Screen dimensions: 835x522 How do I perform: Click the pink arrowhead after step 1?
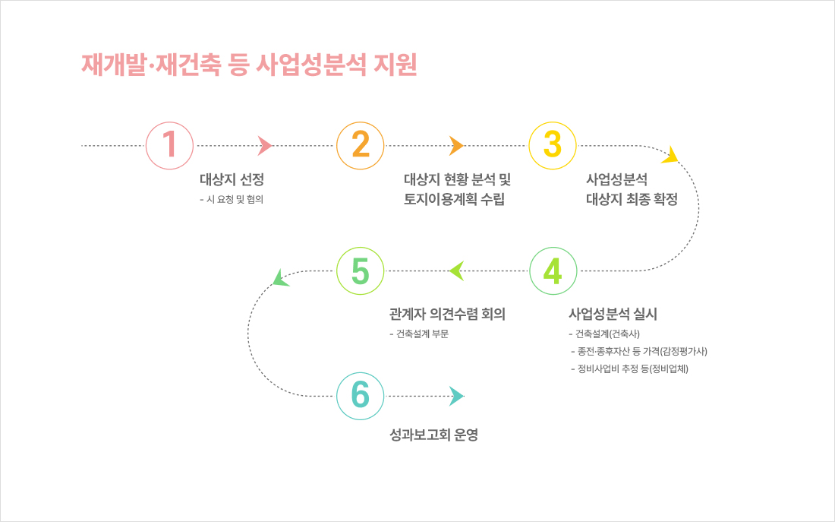coord(265,146)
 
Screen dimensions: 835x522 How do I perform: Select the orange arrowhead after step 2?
coord(456,146)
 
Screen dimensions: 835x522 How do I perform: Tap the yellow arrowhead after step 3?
coord(671,156)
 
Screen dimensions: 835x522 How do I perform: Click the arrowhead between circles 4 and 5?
coord(457,270)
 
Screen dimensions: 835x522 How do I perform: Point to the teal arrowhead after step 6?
coord(457,396)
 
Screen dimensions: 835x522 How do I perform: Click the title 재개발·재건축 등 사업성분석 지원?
coord(249,65)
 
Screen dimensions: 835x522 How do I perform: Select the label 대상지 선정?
coord(232,179)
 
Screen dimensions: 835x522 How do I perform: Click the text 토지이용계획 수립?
coord(454,199)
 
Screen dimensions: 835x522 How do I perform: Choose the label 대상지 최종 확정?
coord(632,199)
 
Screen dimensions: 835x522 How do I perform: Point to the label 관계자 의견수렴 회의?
coord(447,314)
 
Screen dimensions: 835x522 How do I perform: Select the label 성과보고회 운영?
coord(434,435)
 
